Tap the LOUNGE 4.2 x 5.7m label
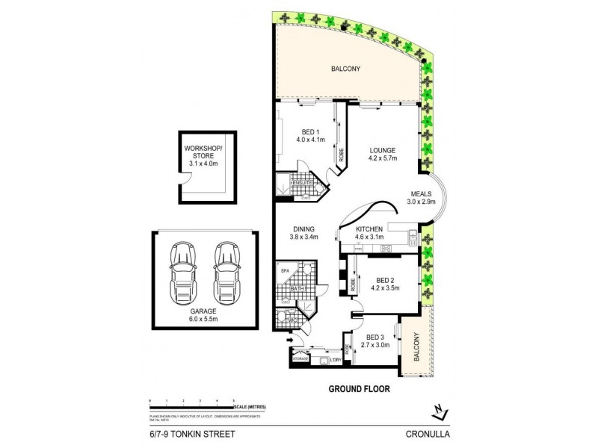tap(382, 154)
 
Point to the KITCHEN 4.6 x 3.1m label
tap(371, 233)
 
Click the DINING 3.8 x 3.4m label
tap(303, 233)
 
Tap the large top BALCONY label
tap(345, 69)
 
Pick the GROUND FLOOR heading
tap(359, 389)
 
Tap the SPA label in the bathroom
tap(284, 271)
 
